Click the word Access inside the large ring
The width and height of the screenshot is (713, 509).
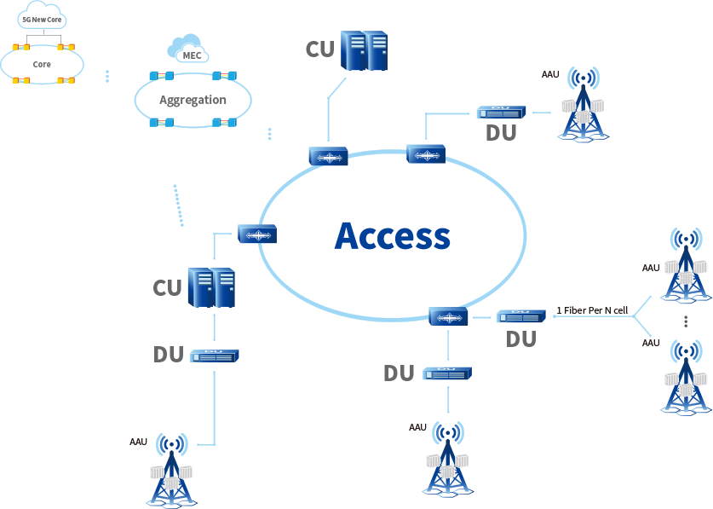tap(392, 236)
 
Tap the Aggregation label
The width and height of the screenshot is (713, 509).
tap(193, 100)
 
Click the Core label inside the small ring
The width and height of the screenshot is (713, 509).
tap(42, 64)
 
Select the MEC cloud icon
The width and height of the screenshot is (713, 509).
tap(188, 49)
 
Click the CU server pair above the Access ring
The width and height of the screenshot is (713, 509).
tap(364, 51)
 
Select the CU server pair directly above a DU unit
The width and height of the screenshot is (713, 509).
tap(211, 287)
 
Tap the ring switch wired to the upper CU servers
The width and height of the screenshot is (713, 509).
tap(328, 157)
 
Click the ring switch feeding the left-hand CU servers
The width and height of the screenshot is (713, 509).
tap(256, 234)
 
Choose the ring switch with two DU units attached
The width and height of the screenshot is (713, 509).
tap(448, 317)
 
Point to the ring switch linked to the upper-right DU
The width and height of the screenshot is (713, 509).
tap(425, 154)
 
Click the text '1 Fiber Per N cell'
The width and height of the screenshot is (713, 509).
tap(592, 310)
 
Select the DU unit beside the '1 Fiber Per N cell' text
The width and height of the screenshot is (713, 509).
tap(520, 316)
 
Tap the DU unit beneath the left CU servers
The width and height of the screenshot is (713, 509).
tap(214, 356)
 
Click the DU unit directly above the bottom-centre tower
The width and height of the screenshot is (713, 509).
tap(446, 373)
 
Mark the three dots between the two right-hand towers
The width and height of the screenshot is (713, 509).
tap(686, 321)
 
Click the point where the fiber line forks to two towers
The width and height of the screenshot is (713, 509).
tap(634, 316)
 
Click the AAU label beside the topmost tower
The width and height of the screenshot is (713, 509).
tap(550, 75)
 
